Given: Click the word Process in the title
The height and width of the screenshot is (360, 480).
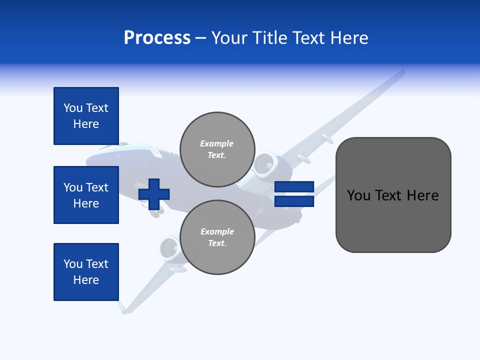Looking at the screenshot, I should pos(157,38).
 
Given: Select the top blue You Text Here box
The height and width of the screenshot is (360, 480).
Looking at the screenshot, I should pos(86,116).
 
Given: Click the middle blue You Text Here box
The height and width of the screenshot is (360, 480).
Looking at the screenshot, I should pos(86,195).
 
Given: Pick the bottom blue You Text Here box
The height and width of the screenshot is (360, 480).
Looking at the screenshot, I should pos(86,272).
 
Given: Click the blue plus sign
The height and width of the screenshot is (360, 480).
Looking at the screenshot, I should pos(154,193).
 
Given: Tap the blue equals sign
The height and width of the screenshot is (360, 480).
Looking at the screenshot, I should pos(294,194).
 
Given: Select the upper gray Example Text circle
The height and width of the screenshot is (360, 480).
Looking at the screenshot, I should pos(217,149).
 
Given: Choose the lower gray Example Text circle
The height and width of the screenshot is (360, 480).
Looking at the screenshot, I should pos(217,237).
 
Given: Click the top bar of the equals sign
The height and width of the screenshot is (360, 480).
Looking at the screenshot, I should pos(294,187).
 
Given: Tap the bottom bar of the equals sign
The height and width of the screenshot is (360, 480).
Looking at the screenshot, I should pos(294,201).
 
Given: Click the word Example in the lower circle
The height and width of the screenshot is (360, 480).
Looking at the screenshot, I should pos(217,231).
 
